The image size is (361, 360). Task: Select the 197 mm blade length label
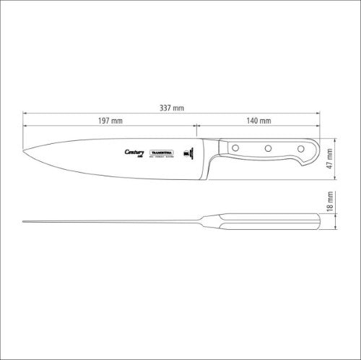click(109, 120)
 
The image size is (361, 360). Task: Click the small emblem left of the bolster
click(189, 153)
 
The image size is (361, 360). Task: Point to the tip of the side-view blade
click(24, 221)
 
